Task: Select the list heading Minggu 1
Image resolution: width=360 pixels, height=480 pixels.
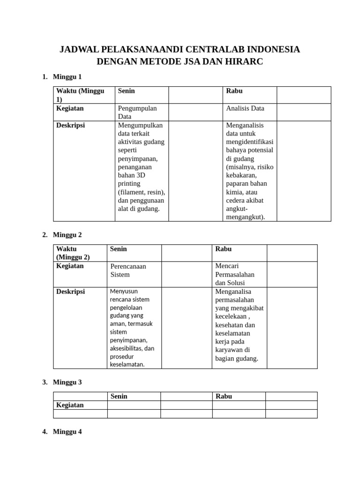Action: click(x=67, y=76)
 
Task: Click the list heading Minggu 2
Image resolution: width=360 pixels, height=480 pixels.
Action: click(x=67, y=235)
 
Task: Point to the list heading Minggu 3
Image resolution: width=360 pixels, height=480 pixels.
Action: click(x=67, y=382)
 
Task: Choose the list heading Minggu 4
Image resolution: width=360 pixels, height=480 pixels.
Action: click(x=67, y=432)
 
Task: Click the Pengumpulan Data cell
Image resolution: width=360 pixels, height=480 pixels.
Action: click(x=137, y=112)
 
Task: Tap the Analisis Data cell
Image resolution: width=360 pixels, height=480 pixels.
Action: click(x=245, y=108)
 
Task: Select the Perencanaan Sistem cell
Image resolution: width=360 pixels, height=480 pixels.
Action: click(x=128, y=270)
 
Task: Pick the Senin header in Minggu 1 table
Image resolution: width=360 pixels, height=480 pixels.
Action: click(x=127, y=91)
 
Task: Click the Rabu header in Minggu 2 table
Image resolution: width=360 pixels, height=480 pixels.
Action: click(x=224, y=249)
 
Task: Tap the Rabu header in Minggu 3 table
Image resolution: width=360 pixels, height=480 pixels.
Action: click(x=224, y=396)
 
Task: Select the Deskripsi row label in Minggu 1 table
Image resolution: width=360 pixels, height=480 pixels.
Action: click(x=70, y=126)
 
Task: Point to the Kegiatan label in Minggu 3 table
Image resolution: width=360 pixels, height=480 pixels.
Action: click(x=70, y=405)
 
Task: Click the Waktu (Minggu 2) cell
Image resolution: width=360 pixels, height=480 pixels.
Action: click(x=73, y=253)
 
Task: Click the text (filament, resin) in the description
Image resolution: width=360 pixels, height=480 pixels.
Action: click(x=141, y=192)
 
